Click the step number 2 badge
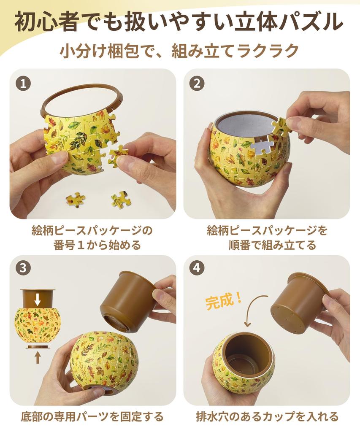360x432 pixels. (196, 83)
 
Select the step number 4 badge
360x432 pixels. (196, 268)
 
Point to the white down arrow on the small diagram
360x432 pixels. (38, 300)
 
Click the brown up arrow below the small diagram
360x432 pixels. (38, 357)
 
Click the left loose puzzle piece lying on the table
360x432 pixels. (75, 200)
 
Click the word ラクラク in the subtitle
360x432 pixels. (268, 52)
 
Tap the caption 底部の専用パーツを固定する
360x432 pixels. (92, 417)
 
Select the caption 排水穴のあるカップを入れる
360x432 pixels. (267, 417)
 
